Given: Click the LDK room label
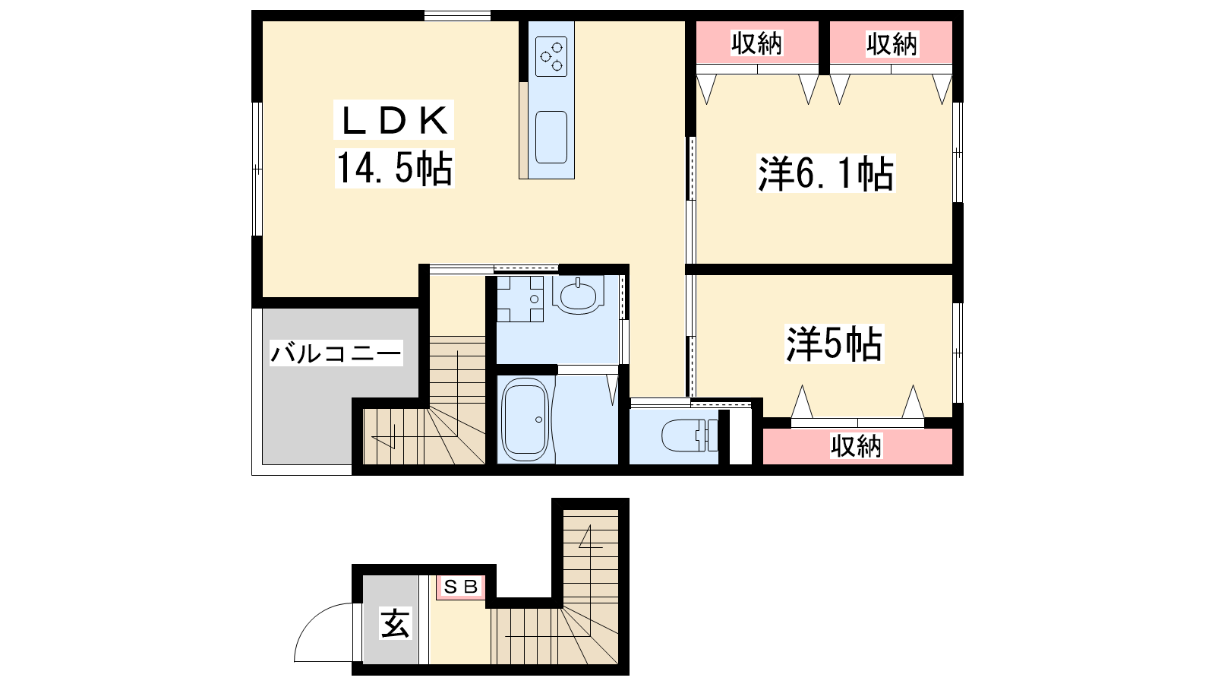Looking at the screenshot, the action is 395,120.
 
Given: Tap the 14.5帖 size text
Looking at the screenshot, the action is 395,168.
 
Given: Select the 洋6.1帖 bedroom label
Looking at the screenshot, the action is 825,174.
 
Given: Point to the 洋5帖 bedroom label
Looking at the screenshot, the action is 835,344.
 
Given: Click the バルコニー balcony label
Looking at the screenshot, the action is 336,353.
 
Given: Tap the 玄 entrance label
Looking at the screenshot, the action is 396,622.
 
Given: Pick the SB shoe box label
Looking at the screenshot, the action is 460,587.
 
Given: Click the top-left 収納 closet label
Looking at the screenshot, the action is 756,43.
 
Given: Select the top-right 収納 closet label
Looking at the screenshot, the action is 892,43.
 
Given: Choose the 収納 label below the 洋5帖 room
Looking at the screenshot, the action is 857,446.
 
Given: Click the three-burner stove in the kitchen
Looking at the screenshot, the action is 551,56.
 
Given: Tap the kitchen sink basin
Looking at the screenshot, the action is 551,138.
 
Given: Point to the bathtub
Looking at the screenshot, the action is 525,419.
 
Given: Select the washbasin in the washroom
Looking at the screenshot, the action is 578,295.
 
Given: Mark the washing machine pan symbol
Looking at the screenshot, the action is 520,299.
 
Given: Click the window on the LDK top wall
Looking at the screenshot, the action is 457,16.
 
